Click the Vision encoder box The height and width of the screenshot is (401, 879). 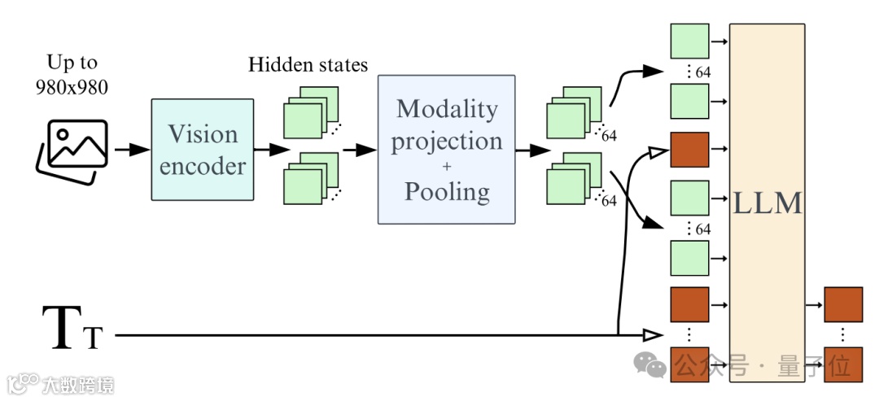[x=202, y=150]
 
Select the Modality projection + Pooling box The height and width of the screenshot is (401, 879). [x=446, y=150]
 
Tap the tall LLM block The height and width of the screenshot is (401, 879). [x=767, y=203]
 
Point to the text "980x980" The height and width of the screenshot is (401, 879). [x=72, y=87]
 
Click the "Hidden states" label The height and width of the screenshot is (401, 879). [x=308, y=64]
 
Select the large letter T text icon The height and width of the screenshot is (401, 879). [x=62, y=329]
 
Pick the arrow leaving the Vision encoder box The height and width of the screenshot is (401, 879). [x=270, y=150]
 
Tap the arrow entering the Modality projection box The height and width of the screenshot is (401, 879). [x=359, y=150]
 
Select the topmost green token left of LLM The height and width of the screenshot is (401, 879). [x=689, y=40]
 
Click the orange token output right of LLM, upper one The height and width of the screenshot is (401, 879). [x=843, y=304]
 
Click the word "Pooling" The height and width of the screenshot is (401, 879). [x=446, y=192]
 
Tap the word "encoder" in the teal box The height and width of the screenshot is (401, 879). [x=202, y=166]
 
